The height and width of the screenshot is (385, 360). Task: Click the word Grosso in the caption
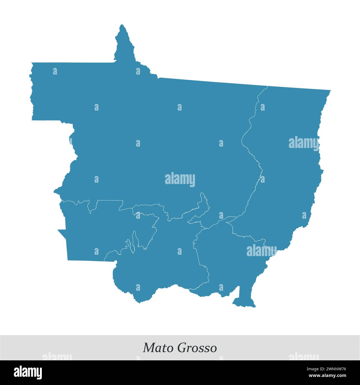point(197,348)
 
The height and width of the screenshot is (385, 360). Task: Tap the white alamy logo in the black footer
point(28,372)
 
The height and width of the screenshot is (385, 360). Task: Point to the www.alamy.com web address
point(328,376)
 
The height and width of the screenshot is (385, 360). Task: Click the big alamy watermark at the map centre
point(180,179)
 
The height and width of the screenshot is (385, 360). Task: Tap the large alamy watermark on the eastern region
point(304,143)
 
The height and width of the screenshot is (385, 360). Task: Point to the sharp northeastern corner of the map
point(330,91)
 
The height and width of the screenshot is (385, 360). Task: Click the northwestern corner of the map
point(32,63)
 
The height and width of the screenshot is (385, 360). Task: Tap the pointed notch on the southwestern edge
point(58,230)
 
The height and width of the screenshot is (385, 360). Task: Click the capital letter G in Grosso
point(181,348)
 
